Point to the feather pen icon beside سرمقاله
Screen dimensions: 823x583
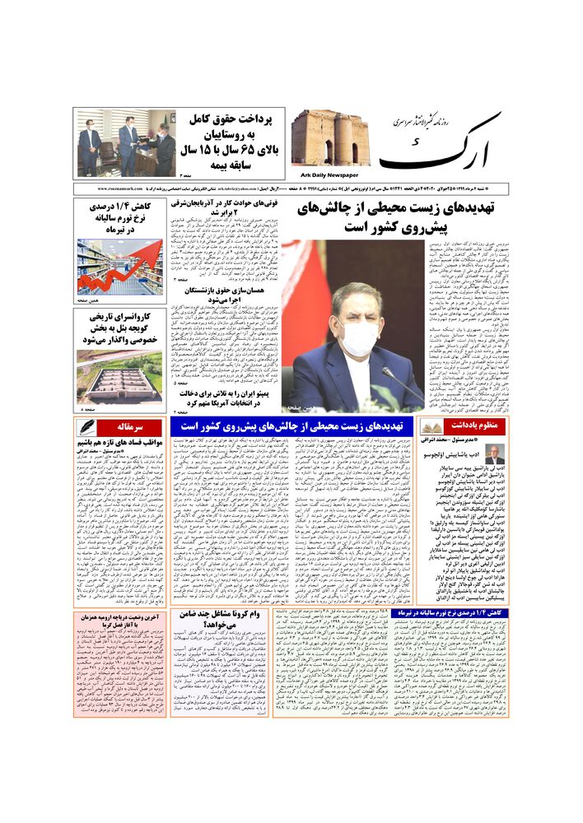[85, 427]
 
